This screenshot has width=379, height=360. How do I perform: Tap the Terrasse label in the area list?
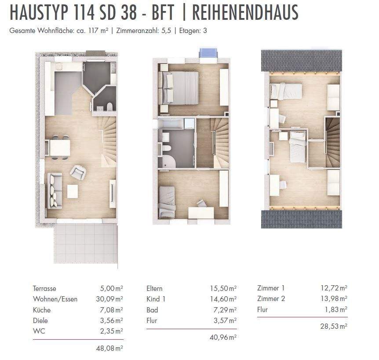(44, 289)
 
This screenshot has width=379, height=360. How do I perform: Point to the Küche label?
(42, 310)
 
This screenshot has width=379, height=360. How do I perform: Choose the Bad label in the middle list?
(152, 310)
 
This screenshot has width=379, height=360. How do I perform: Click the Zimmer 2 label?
(271, 299)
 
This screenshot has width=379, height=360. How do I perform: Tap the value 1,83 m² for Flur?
(336, 309)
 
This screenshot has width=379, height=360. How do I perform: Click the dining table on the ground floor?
(60, 147)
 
